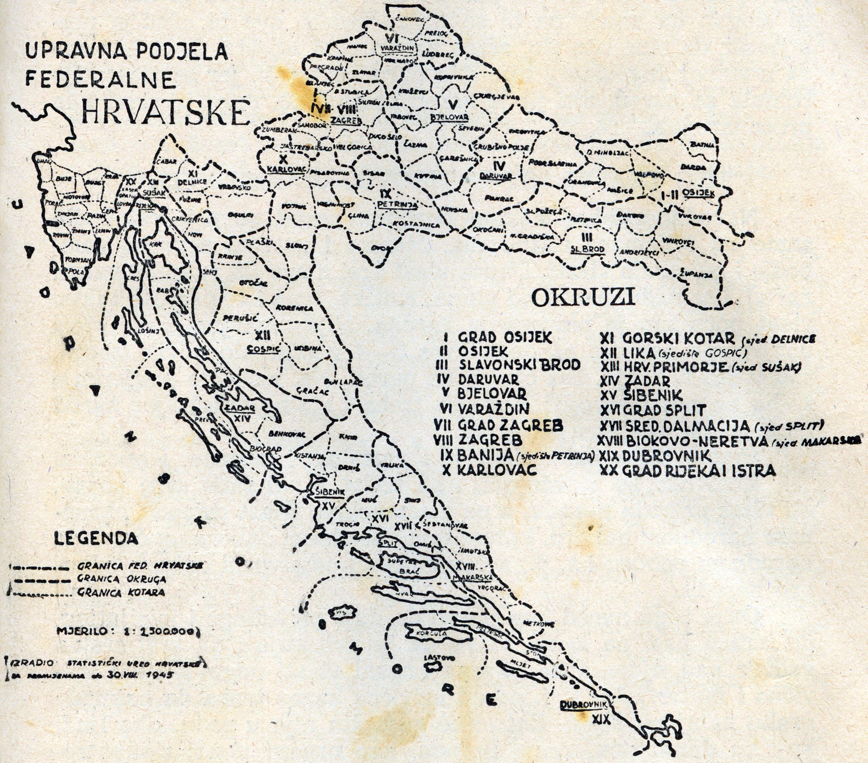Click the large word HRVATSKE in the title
(164, 111)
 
